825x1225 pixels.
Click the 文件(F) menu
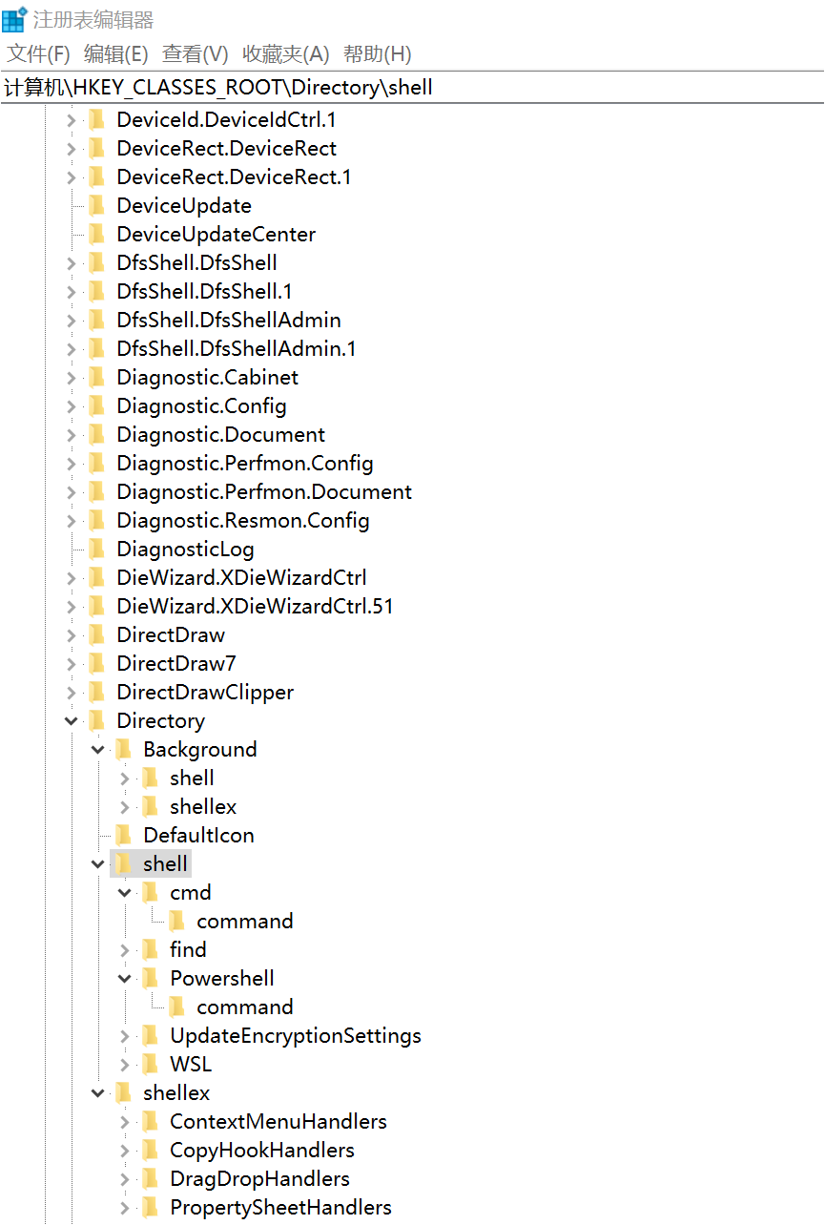pos(38,54)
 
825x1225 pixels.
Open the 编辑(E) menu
pos(116,54)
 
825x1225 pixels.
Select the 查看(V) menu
pos(195,54)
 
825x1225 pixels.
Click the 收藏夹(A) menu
pos(285,54)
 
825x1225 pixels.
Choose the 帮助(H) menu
pos(378,54)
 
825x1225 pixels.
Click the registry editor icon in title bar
pos(14,19)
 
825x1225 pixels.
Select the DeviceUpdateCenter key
pos(216,235)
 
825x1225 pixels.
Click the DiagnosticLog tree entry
pos(185,550)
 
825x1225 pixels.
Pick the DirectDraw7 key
pos(176,664)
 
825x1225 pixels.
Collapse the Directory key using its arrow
pos(72,721)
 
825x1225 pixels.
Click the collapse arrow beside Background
pos(98,750)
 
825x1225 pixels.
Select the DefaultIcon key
pos(198,836)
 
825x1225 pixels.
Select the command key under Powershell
pos(245,1007)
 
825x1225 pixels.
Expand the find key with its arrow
pos(125,950)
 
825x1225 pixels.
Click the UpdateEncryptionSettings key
pos(296,1036)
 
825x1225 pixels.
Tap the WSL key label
pos(191,1065)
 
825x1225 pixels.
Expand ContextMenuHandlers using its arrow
pos(125,1122)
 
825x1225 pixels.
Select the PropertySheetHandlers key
pos(280,1208)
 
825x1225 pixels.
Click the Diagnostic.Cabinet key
pos(207,378)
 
